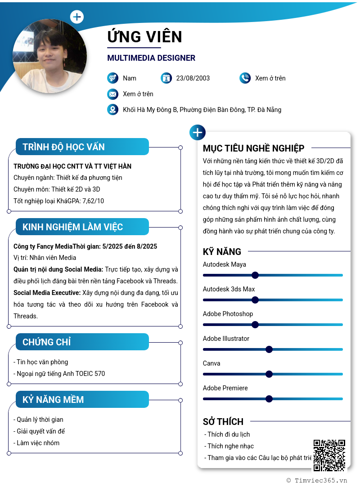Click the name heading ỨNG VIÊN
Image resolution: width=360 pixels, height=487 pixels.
[x=144, y=36]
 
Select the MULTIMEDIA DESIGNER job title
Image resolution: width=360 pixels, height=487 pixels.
[x=151, y=58]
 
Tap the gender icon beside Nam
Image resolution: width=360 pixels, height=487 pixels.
[x=112, y=78]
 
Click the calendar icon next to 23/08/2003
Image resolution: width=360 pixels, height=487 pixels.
[x=166, y=78]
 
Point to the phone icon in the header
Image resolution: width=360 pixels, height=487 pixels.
[x=245, y=78]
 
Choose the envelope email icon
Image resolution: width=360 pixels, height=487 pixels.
[x=112, y=94]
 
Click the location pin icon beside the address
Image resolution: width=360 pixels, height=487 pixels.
[x=112, y=109]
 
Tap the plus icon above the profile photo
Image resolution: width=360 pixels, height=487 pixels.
[x=77, y=17]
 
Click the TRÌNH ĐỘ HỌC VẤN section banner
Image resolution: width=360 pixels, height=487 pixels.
[x=82, y=147]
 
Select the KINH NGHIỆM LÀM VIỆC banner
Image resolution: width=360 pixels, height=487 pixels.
[x=82, y=227]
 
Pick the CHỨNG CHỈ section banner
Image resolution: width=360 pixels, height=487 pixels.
[x=82, y=342]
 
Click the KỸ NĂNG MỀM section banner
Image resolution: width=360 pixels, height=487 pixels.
[x=82, y=399]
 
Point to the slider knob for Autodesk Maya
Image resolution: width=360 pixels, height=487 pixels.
[x=255, y=275]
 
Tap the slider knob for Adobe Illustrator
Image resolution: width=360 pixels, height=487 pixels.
[x=269, y=349]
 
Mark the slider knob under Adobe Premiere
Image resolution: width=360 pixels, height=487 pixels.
[x=269, y=399]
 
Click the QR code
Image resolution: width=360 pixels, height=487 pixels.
[x=329, y=455]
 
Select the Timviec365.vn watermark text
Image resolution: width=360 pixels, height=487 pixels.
[x=317, y=480]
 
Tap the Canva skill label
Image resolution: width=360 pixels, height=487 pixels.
[x=211, y=363]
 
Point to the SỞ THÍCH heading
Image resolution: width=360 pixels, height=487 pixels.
[x=223, y=421]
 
